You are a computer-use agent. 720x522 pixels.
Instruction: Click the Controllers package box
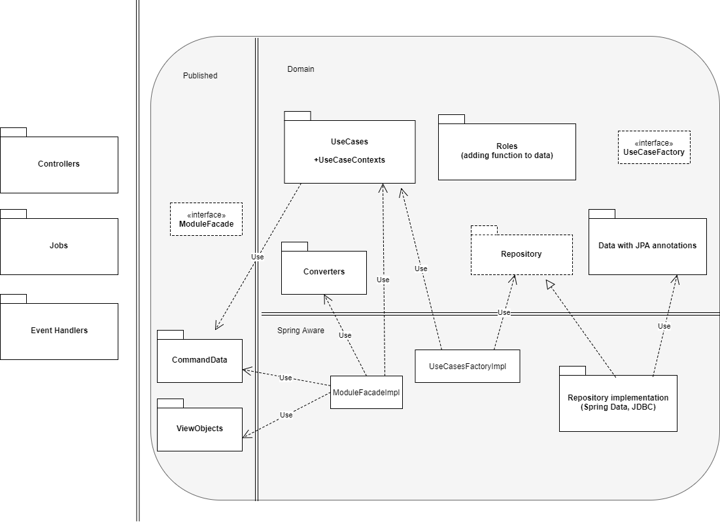[x=59, y=164]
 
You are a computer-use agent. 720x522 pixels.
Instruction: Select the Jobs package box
[x=59, y=246]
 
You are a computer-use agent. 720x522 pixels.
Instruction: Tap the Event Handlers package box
[x=59, y=331]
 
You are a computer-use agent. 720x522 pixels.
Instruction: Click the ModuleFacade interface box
[x=206, y=219]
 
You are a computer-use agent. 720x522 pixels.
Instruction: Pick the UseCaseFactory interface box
[x=654, y=148]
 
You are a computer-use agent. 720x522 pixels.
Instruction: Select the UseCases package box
[x=350, y=151]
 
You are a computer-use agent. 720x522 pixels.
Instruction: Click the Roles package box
[x=507, y=151]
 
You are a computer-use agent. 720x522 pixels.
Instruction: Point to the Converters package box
[x=324, y=272]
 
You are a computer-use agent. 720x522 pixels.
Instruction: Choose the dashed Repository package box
[x=521, y=254]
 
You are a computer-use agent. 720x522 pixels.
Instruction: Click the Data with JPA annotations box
[x=647, y=246]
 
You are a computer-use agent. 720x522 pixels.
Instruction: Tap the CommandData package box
[x=199, y=360]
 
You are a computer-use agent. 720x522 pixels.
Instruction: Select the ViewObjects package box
[x=199, y=429]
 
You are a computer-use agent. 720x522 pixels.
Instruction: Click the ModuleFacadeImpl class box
[x=366, y=393]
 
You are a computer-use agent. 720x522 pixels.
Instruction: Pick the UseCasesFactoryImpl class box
[x=468, y=366]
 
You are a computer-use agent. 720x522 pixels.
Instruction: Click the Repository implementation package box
[x=618, y=402]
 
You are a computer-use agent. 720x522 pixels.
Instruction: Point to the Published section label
[x=200, y=76]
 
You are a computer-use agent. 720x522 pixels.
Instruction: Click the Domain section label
[x=301, y=69]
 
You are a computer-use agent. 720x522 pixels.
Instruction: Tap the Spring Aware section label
[x=301, y=331]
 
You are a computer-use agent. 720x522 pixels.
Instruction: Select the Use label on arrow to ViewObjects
[x=286, y=415]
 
